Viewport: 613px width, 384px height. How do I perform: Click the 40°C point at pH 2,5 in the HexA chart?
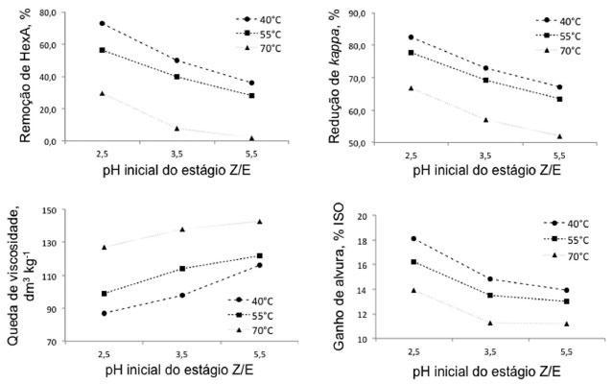(102, 23)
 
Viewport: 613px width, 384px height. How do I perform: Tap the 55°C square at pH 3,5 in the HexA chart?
(177, 77)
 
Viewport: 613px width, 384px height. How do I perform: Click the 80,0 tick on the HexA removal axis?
(44, 12)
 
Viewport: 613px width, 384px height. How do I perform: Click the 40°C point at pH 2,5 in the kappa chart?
(411, 37)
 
